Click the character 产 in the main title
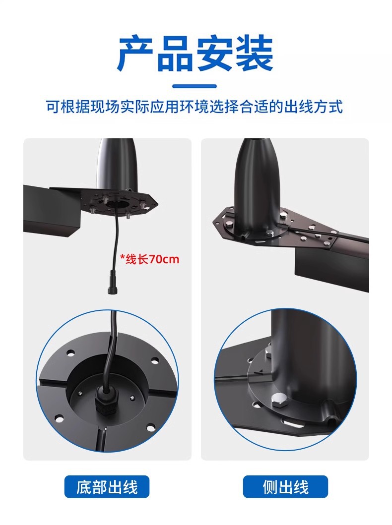135,54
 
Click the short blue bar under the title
196,86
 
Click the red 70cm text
164,259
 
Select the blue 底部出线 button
107,487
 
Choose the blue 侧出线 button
285,487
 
